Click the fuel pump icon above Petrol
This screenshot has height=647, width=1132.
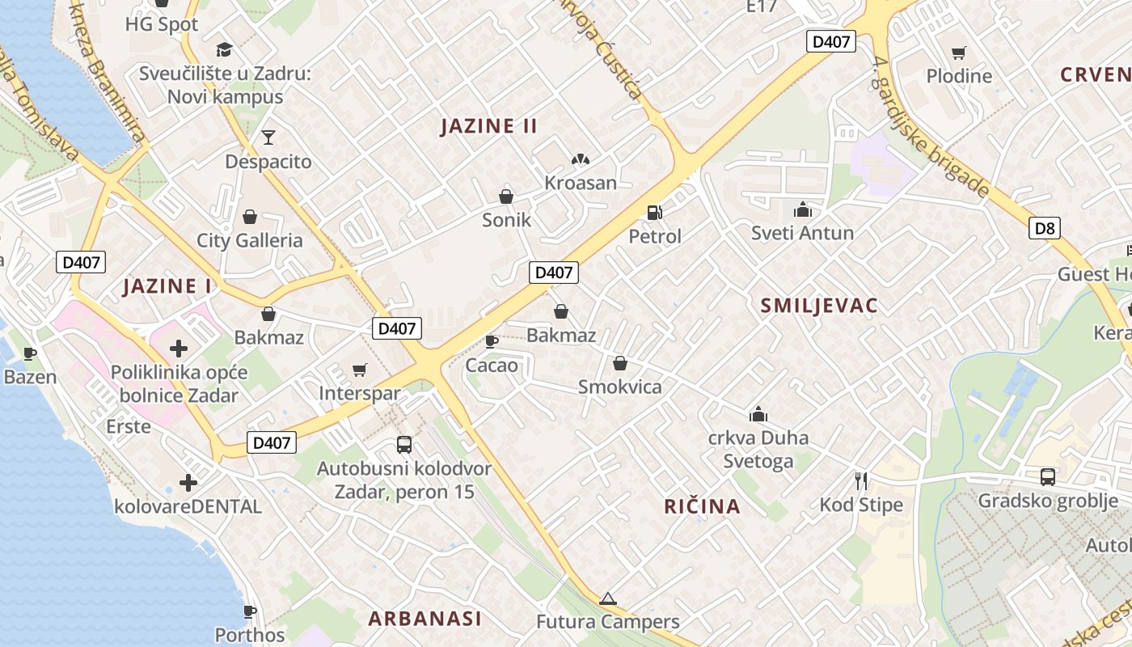[654, 213]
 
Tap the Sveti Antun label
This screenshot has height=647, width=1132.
[802, 234]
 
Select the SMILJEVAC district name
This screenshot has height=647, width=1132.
[819, 306]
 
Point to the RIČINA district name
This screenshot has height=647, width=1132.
[702, 507]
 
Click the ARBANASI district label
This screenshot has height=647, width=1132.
[424, 620]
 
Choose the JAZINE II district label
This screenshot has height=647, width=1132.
[488, 126]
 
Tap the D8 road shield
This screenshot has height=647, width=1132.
[1045, 228]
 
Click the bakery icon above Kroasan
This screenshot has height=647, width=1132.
[580, 160]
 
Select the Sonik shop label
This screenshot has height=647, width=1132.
[506, 219]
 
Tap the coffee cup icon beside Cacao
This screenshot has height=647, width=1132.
[491, 341]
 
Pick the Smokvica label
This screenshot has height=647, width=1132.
[619, 387]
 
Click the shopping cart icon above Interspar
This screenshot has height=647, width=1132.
[360, 370]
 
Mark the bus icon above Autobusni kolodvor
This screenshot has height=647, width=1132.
[403, 444]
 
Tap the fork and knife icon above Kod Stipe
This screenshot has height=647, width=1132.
[861, 481]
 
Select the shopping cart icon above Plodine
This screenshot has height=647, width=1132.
[959, 53]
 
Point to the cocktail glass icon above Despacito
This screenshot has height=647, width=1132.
[268, 137]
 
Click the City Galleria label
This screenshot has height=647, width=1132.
[250, 240]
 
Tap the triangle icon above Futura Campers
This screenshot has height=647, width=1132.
[608, 599]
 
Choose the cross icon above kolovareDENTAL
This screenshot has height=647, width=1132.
[188, 483]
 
